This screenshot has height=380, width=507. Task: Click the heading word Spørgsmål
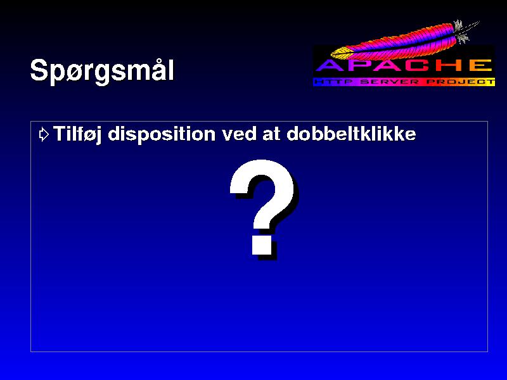[102, 71]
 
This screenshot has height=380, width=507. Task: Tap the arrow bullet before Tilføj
[44, 134]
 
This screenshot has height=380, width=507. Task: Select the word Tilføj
[77, 134]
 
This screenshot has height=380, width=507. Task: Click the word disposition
[162, 134]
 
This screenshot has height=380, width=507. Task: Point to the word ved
[239, 134]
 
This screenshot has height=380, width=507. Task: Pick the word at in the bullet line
[271, 134]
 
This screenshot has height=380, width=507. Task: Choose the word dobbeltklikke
[351, 134]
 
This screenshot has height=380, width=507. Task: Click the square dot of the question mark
[262, 246]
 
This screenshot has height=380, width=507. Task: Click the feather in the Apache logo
[404, 41]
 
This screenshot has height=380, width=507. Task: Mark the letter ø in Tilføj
[87, 135]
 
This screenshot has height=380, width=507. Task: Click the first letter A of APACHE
[328, 66]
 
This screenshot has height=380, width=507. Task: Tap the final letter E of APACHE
[481, 66]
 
